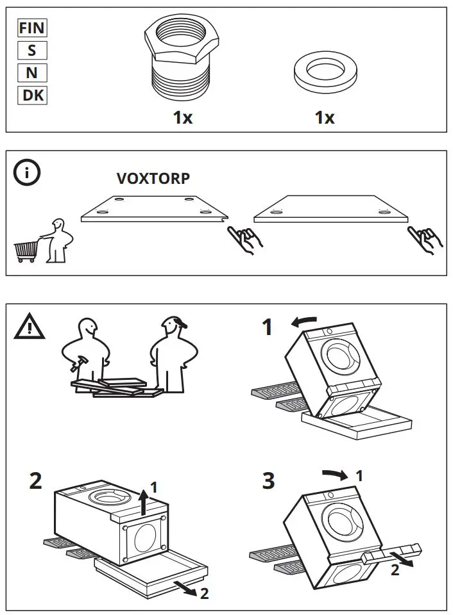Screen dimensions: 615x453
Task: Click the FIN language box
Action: [x=31, y=28]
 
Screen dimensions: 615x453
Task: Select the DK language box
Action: [x=31, y=95]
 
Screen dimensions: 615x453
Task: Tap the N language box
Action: [x=31, y=73]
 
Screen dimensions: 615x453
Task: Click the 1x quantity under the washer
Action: [x=325, y=118]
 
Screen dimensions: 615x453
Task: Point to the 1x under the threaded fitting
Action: [x=183, y=118]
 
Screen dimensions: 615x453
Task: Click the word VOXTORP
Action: [x=153, y=179]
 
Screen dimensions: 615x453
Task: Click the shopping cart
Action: [x=26, y=251]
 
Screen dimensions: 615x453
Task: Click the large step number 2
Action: [x=36, y=480]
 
